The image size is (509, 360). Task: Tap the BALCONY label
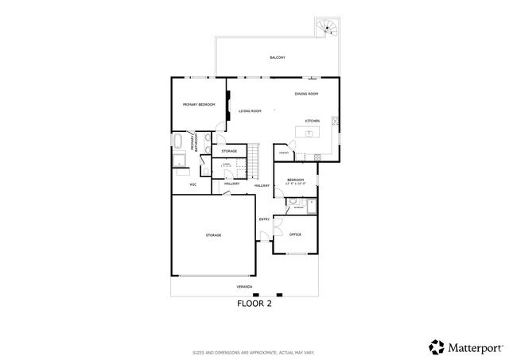click(277, 58)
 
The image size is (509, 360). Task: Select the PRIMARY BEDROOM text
click(198, 104)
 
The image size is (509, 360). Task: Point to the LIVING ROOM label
click(250, 111)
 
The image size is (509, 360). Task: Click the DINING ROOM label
click(306, 95)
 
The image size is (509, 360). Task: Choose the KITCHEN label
click(313, 121)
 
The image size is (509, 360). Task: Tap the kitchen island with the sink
click(309, 134)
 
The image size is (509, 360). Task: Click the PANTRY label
click(282, 151)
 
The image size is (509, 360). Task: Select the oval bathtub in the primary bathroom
click(179, 143)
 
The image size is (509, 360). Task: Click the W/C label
click(192, 184)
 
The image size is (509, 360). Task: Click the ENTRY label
click(264, 219)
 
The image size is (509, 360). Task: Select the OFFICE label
click(295, 234)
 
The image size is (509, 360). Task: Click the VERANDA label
click(245, 285)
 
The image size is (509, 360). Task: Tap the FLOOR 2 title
click(254, 303)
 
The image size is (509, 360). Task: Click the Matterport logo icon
click(437, 346)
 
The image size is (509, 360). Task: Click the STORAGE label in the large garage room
click(213, 235)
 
